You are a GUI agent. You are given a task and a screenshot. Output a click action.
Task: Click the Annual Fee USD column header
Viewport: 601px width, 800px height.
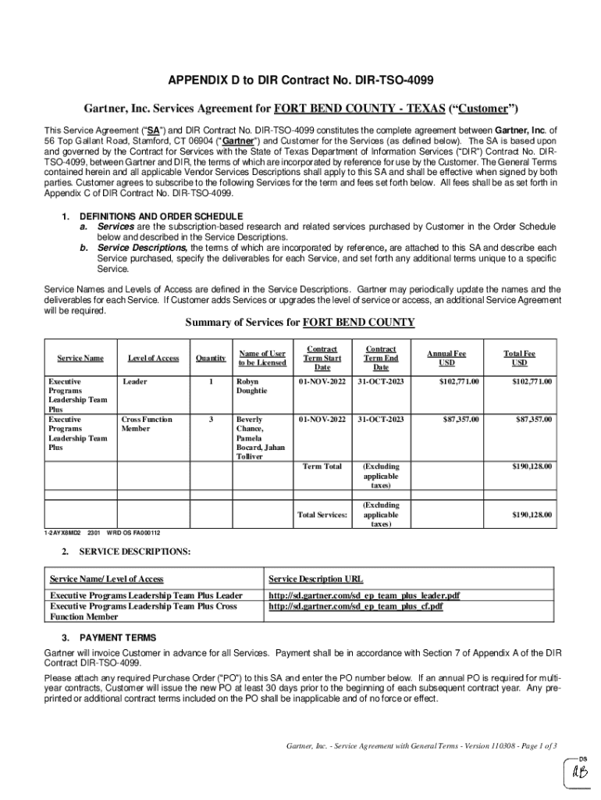[446, 359]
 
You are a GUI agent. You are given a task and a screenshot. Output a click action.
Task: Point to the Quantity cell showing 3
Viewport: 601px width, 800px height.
[211, 420]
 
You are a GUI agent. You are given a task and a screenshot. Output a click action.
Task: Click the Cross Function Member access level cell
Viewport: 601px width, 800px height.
[147, 424]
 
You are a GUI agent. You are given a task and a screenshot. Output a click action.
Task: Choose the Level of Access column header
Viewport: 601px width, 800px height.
[154, 359]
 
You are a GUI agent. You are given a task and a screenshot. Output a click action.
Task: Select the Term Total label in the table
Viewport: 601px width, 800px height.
[322, 466]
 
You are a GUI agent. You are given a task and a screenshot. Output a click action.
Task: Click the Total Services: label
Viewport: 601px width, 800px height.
[322, 515]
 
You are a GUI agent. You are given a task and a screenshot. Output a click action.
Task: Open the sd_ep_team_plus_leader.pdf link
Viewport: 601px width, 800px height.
[364, 595]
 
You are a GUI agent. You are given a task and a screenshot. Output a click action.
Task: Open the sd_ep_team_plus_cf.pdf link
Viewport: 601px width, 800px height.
[356, 605]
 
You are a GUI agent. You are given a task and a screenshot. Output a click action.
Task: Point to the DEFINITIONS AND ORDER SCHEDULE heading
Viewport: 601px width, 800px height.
[162, 216]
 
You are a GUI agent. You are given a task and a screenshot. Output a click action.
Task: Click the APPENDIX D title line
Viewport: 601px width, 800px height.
[300, 80]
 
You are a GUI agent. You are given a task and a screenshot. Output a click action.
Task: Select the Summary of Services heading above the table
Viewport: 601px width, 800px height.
[300, 323]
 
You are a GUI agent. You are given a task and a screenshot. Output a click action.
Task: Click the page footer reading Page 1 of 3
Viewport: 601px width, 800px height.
[421, 745]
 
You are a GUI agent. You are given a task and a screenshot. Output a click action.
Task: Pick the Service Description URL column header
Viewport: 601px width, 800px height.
[315, 579]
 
